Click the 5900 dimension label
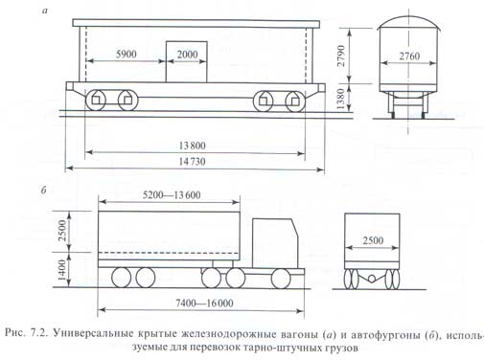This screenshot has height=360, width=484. point(127,54)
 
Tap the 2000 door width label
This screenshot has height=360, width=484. point(187,55)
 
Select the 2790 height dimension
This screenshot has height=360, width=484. point(341,56)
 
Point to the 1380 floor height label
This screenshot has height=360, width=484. point(341,99)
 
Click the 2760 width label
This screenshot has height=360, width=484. point(409,56)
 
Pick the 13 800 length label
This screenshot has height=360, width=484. point(192,146)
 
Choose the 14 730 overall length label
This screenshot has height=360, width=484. point(192,162)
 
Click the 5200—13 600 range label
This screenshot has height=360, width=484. point(172,194)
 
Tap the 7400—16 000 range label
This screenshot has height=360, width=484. point(204,303)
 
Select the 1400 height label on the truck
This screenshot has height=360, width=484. point(62,270)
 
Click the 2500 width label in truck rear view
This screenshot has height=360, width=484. point(373,240)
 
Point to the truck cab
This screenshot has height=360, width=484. point(275,243)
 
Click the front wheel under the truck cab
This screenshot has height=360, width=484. point(281,279)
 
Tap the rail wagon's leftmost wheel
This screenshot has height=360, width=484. point(96,101)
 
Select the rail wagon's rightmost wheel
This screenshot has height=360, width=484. point(295,101)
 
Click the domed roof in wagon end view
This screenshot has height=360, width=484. point(409,21)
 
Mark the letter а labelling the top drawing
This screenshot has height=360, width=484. point(45,11)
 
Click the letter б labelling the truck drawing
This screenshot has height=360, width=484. point(44,191)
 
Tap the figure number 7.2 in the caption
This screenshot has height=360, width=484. point(38,333)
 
